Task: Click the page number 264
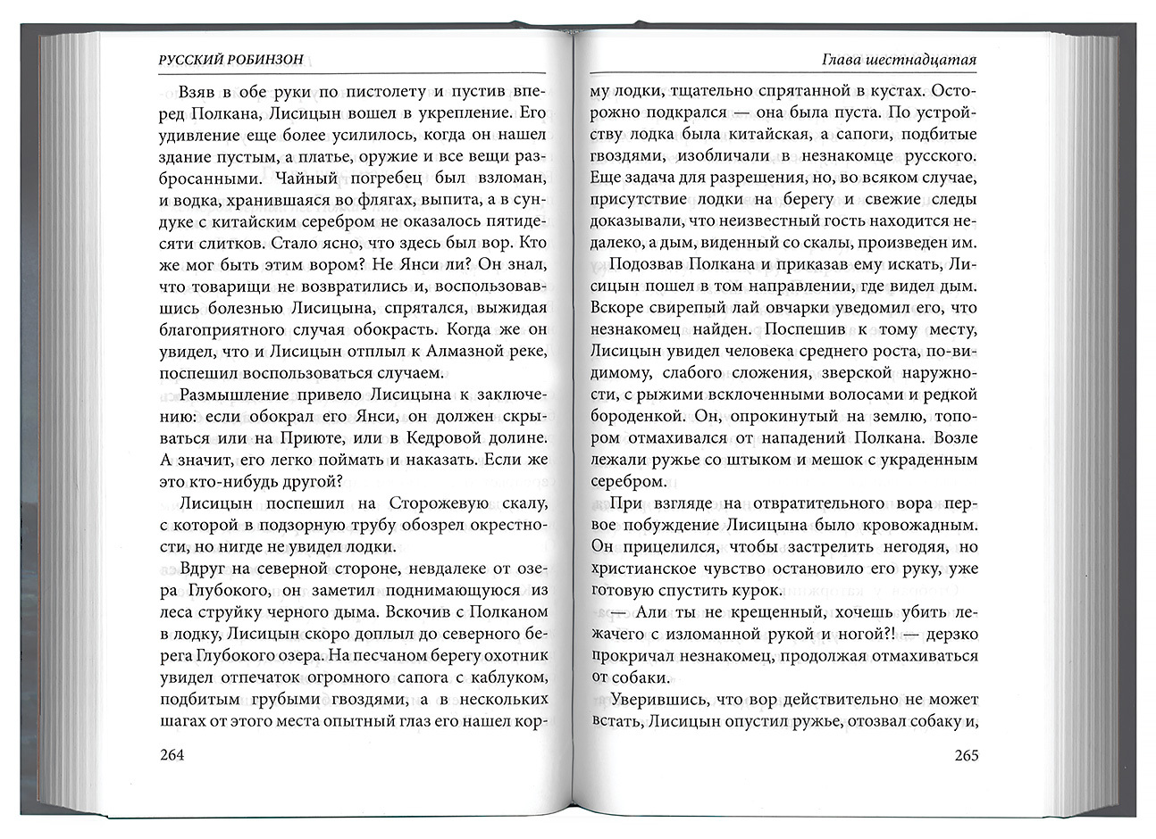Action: pyautogui.click(x=171, y=755)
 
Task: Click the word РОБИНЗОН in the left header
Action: pyautogui.click(x=263, y=59)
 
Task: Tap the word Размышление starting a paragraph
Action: pyautogui.click(x=232, y=395)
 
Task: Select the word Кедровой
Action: pyautogui.click(x=433, y=438)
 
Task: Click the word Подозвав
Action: pyautogui.click(x=644, y=265)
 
